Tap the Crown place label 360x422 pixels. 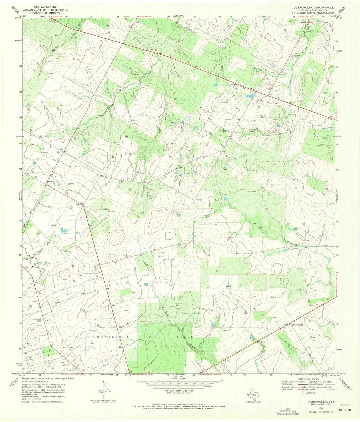point(51,182)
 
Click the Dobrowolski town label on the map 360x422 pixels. point(297,325)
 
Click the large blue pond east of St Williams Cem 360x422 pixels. point(249,96)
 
